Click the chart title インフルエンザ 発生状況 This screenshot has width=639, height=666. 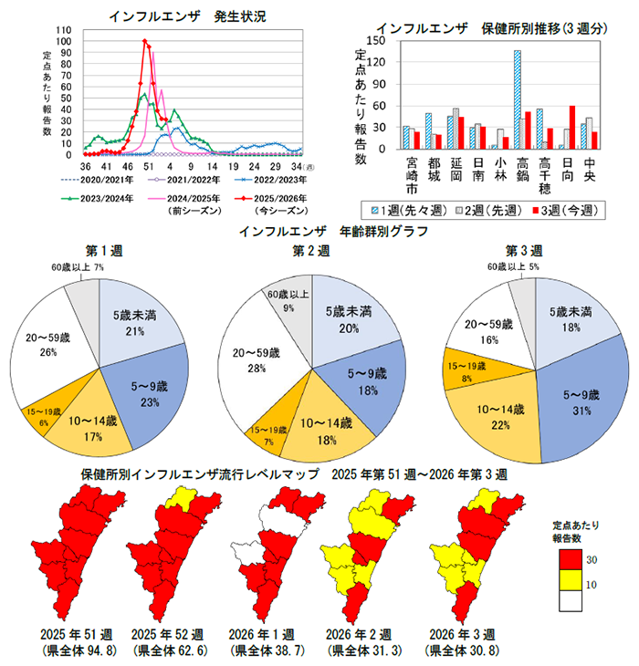pos(186,16)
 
